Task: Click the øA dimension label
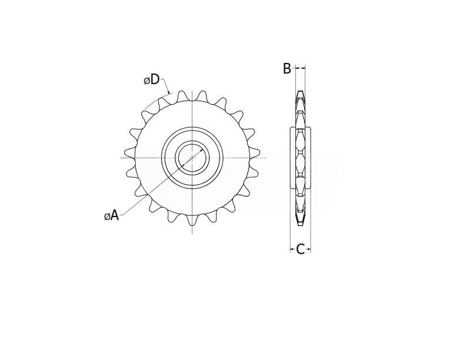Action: [x=111, y=215]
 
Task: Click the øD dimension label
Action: [x=152, y=79]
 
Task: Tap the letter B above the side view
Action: [x=287, y=69]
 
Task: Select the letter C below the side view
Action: [x=301, y=249]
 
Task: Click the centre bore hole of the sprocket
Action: [x=192, y=158]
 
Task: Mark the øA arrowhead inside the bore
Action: [x=201, y=149]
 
